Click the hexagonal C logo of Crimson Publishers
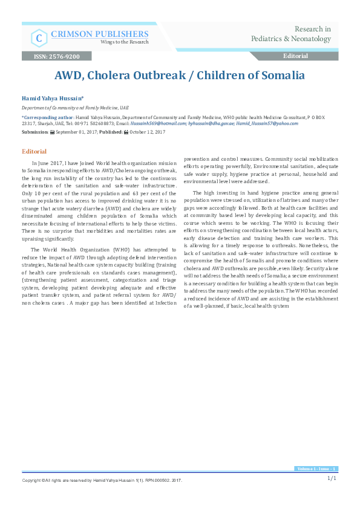[x=39, y=38]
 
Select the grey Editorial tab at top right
[x=295, y=56]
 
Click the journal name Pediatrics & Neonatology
[x=291, y=39]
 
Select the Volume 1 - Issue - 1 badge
[x=316, y=469]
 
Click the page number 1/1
[x=332, y=478]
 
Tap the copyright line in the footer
[x=102, y=481]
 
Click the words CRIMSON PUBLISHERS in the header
[x=99, y=33]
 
